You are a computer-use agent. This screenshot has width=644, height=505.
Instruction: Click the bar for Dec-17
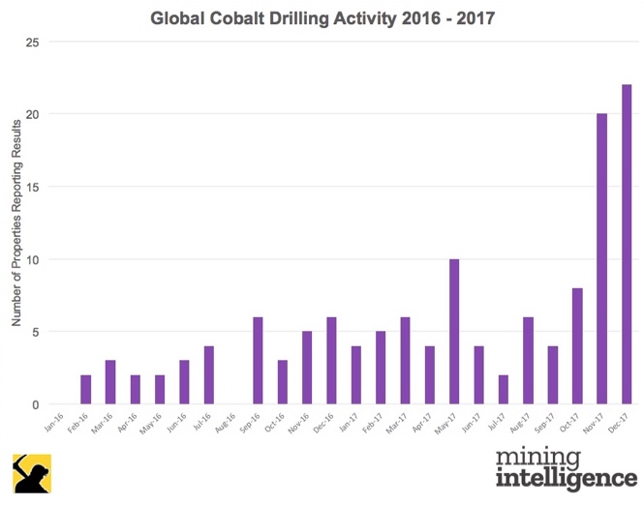tap(627, 245)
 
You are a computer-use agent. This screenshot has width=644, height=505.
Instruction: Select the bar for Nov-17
tap(602, 259)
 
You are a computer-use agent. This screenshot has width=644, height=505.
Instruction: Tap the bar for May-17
tap(454, 332)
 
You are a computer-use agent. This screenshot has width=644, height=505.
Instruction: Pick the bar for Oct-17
tap(577, 346)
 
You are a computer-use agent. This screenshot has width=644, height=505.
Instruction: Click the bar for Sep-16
tap(258, 361)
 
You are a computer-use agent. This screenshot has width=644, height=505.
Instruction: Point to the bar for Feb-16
tap(85, 390)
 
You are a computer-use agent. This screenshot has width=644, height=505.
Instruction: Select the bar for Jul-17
tap(504, 390)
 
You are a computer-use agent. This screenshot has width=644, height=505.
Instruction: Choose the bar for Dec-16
tap(331, 361)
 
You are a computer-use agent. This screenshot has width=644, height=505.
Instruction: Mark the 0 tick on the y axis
tap(34, 404)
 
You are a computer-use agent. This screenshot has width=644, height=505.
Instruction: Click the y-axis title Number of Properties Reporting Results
tap(16, 223)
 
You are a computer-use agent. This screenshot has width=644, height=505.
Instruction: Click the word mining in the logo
tap(536, 458)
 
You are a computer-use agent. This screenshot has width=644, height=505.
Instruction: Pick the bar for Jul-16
tap(208, 375)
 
